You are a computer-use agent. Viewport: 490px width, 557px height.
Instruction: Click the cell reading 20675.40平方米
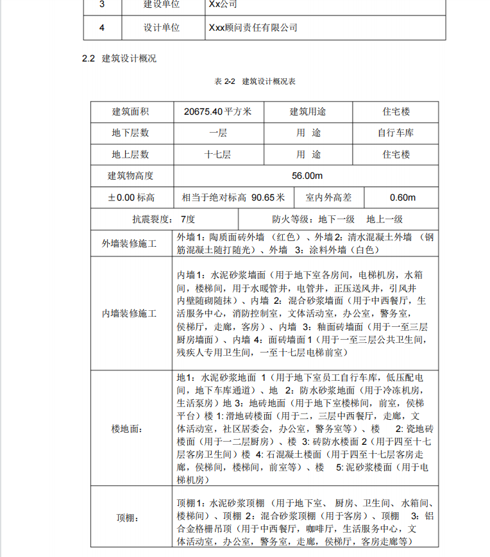click(217, 112)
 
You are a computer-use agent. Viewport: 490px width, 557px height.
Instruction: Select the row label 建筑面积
click(131, 112)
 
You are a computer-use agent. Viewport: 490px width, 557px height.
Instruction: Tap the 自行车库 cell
click(396, 133)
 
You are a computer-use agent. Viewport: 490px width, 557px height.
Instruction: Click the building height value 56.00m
click(307, 176)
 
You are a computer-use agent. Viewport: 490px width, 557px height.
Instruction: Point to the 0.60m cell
click(402, 197)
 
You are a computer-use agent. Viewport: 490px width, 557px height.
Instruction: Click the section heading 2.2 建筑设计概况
click(119, 58)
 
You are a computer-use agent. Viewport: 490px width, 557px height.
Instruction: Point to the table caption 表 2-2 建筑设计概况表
click(255, 82)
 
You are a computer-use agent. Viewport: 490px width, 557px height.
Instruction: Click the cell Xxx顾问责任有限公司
click(253, 28)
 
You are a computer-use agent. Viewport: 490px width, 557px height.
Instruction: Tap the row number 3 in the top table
click(101, 4)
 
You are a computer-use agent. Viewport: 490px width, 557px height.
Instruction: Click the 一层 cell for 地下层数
click(217, 133)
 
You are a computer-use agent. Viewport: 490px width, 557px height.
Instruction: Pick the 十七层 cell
click(217, 154)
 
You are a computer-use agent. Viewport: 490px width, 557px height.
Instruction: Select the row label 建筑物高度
click(131, 176)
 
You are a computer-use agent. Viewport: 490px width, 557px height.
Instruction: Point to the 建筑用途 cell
click(308, 112)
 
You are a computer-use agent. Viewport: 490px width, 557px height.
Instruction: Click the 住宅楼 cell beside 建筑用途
click(396, 112)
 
